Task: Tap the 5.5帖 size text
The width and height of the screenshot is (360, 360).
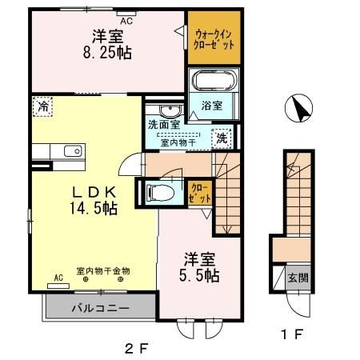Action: (x=201, y=275)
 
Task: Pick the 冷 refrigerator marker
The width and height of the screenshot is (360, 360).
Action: (x=42, y=106)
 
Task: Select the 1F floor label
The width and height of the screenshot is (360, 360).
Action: (x=293, y=336)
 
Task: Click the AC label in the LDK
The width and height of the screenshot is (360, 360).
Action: (x=58, y=278)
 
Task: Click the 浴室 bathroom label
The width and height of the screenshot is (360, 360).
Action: (x=211, y=105)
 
